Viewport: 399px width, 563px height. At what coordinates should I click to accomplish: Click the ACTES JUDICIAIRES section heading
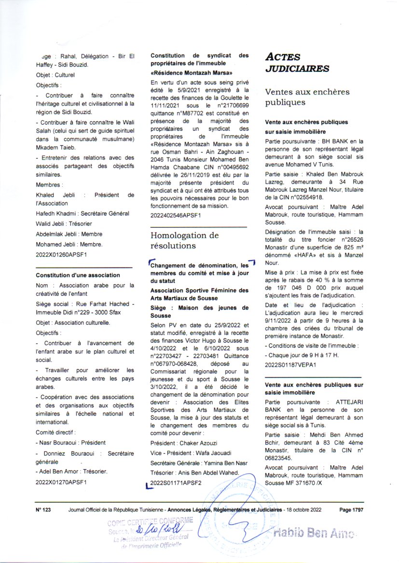coord(297,62)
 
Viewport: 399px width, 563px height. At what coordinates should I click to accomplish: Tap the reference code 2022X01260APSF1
coord(61,254)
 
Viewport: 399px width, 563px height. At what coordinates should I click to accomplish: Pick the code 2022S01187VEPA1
coord(290,365)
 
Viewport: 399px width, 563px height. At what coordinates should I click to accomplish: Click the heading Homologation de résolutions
coord(185,240)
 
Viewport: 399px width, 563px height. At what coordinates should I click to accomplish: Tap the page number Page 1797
coord(351,509)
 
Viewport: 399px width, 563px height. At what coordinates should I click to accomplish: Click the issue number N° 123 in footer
coord(44,509)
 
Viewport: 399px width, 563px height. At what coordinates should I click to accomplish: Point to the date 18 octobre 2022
coord(304,509)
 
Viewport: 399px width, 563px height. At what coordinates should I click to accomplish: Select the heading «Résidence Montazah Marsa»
coord(192,73)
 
